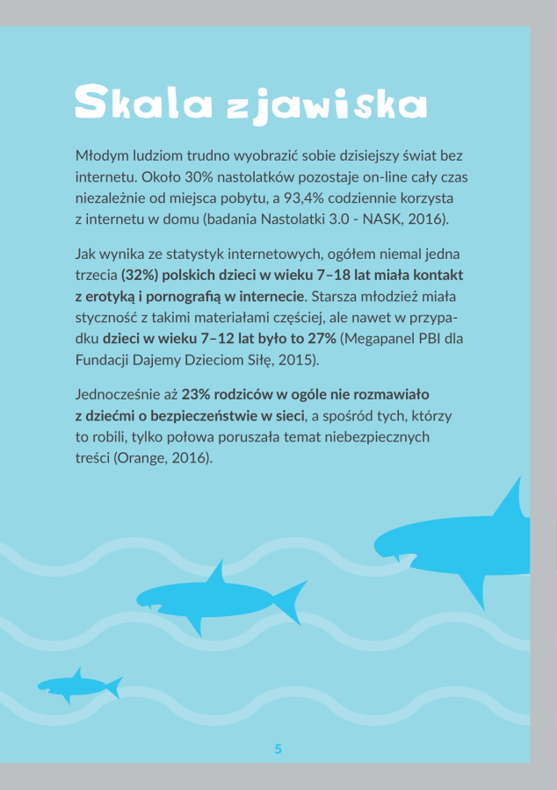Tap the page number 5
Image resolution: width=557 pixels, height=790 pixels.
[278, 749]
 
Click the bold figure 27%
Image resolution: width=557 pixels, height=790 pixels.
[321, 338]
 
